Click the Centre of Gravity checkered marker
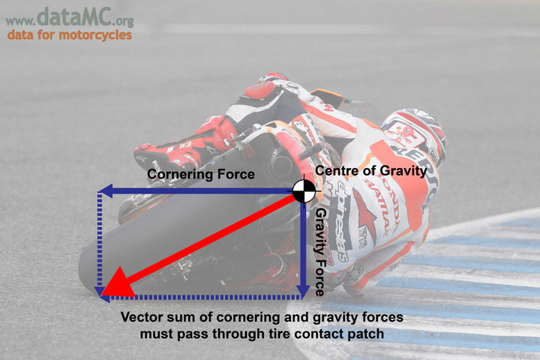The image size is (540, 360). pos(304,191)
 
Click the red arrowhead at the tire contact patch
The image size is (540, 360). pos(117,284)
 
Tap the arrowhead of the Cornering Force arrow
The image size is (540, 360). pos(106,190)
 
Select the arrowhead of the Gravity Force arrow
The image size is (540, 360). pos(303,292)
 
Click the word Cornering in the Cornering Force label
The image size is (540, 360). pos(177,174)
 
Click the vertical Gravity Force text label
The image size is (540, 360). pos(321,252)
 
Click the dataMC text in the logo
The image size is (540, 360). pos(74,17)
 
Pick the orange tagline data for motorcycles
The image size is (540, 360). pos(70,35)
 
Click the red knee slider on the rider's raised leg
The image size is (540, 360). pos(260,89)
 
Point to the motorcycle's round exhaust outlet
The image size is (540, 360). pos(280,166)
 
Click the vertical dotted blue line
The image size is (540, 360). pos(100,241)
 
